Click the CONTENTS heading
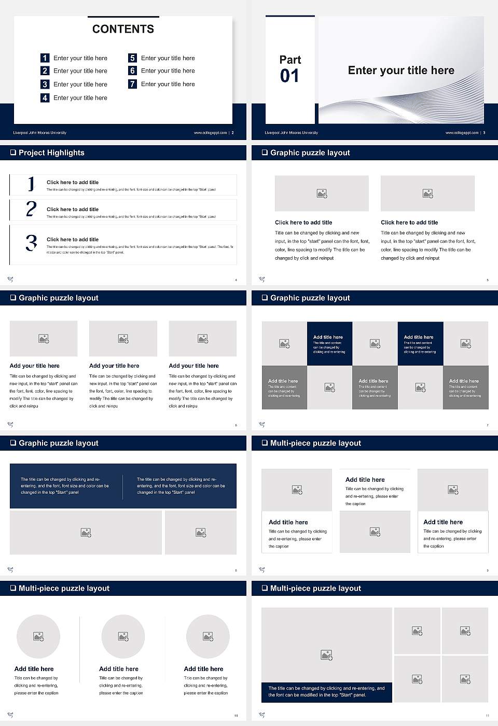coord(123,29)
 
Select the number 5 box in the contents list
coord(132,58)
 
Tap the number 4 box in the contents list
coord(45,97)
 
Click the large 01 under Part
coord(289,76)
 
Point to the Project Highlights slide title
coord(51,152)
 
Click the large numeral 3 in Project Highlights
coord(31,243)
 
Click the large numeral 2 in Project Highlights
coord(31,209)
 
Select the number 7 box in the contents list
coord(132,84)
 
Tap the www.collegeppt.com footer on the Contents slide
coord(210,133)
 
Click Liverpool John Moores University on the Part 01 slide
coord(291,133)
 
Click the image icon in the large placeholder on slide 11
coord(326,655)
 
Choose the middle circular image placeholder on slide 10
coord(123,636)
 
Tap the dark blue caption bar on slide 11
coord(326,692)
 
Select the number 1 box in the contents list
coord(45,58)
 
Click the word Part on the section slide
coord(290,60)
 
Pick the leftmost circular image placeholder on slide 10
coord(38,636)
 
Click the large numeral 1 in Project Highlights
coord(31,184)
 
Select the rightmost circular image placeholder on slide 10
coord(208,636)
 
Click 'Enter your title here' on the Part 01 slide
coord(401,71)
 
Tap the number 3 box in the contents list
coord(45,84)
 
